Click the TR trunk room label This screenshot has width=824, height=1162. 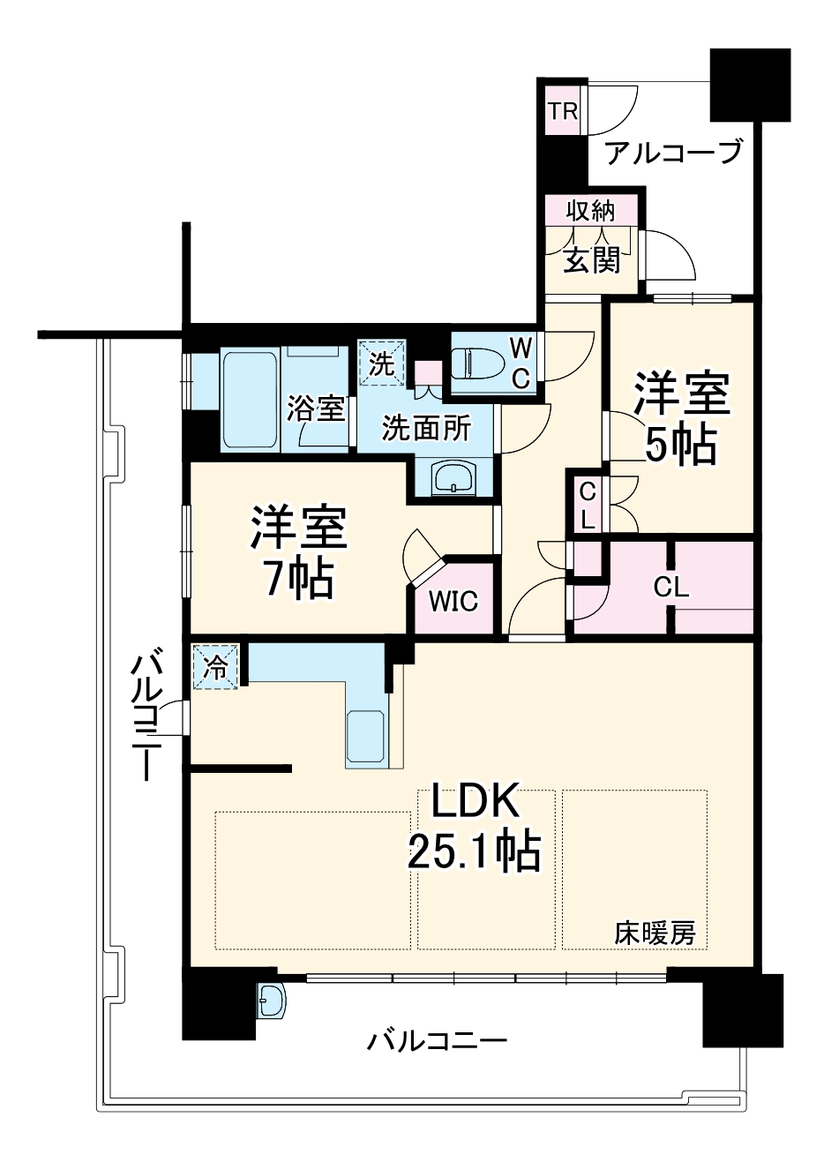click(x=563, y=111)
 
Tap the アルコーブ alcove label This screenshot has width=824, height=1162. click(x=673, y=154)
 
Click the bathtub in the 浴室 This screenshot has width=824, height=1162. click(x=251, y=401)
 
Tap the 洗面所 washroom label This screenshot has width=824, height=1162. click(x=425, y=429)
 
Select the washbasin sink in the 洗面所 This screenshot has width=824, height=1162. click(x=454, y=479)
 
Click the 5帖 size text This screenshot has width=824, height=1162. click(x=679, y=446)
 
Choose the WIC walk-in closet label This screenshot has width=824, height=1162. click(x=453, y=602)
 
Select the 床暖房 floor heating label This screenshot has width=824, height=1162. click(x=655, y=933)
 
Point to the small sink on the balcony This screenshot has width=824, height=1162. click(x=272, y=1001)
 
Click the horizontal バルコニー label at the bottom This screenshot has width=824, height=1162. click(x=438, y=1042)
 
